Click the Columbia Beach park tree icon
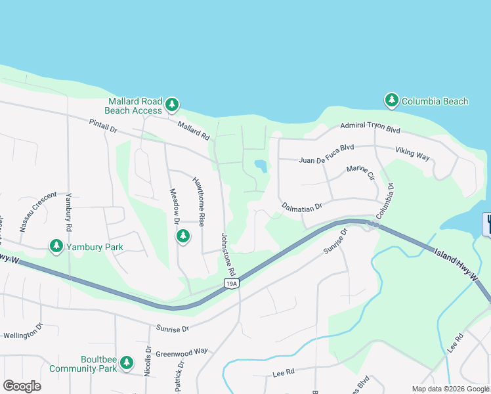(392, 100)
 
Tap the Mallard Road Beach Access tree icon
(171, 104)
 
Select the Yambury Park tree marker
(56, 246)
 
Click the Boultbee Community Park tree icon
(127, 362)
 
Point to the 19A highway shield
(230, 283)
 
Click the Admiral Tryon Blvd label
(370, 126)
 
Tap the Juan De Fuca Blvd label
(326, 159)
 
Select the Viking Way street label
(412, 153)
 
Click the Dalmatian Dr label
(302, 206)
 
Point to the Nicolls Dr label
(148, 357)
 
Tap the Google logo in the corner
(22, 385)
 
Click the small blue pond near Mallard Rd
(261, 166)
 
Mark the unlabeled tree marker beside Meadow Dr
(183, 236)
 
